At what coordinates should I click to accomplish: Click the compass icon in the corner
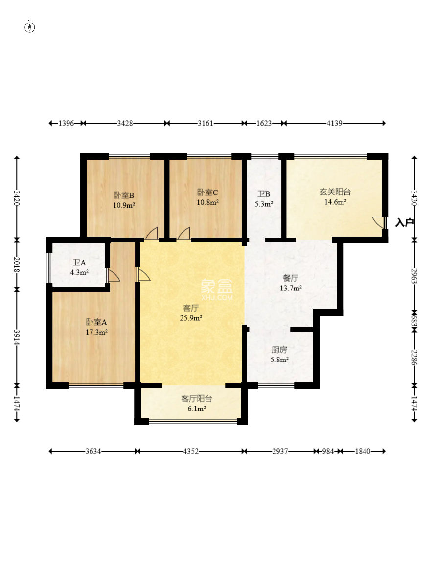(x=30, y=26)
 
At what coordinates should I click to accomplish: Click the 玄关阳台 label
(x=335, y=192)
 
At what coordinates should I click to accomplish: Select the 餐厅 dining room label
(x=291, y=278)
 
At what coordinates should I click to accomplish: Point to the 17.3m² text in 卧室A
(x=97, y=332)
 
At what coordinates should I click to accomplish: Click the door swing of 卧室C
(x=184, y=233)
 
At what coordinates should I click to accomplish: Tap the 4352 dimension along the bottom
(x=191, y=451)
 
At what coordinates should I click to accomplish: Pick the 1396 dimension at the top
(x=66, y=124)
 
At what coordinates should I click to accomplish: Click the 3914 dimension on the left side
(x=17, y=337)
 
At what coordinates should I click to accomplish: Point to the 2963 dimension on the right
(x=415, y=275)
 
